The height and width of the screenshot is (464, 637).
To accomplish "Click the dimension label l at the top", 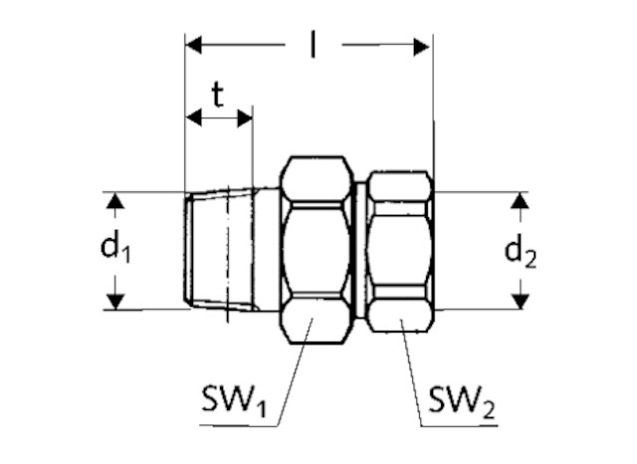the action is (313, 45).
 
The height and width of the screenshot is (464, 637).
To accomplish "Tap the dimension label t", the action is (218, 95).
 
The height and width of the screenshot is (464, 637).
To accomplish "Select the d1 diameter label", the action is (115, 248).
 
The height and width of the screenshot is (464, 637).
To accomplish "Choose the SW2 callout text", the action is (462, 402).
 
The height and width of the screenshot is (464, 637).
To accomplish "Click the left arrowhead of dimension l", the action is (193, 45).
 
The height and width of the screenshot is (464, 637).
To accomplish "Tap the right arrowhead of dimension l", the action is (421, 47).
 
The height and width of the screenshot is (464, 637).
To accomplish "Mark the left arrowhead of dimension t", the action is (194, 117).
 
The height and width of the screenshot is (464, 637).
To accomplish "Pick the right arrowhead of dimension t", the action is (245, 117).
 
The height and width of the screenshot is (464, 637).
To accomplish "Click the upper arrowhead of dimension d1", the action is (115, 201).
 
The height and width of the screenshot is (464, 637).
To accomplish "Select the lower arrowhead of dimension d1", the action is (115, 302).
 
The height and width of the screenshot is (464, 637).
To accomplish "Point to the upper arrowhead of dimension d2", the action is (520, 201).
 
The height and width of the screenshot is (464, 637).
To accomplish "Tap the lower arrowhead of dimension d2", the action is (520, 302).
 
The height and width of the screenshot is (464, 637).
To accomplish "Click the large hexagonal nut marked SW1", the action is (317, 250).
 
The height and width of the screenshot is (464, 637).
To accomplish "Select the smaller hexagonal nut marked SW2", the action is (400, 252).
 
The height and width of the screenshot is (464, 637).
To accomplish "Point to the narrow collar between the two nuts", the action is (359, 249).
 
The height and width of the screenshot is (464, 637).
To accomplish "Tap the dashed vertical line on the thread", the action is (228, 254).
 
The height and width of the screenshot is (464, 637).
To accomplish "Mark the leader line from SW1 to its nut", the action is (295, 371).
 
